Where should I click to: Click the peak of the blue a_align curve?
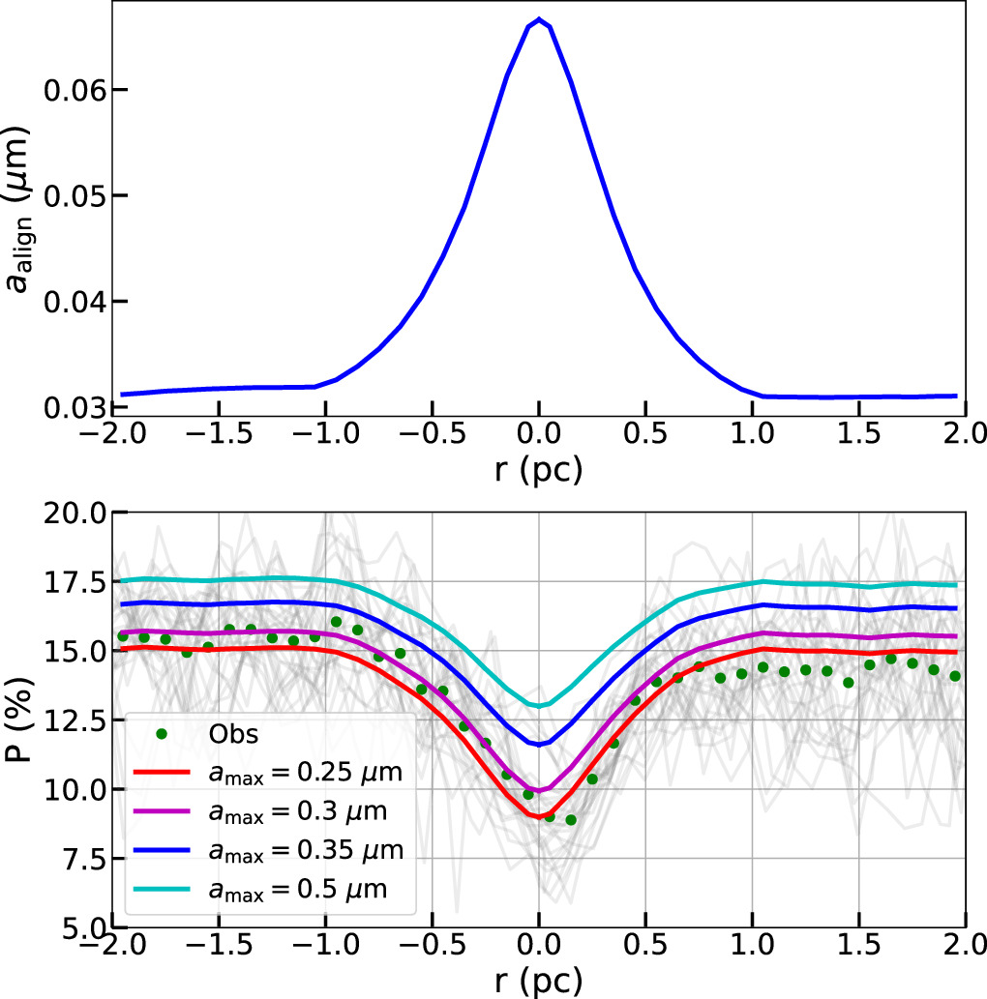point(539,19)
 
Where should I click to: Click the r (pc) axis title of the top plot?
point(540,469)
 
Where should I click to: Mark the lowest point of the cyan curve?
point(539,705)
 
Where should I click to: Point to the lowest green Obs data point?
point(571,819)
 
